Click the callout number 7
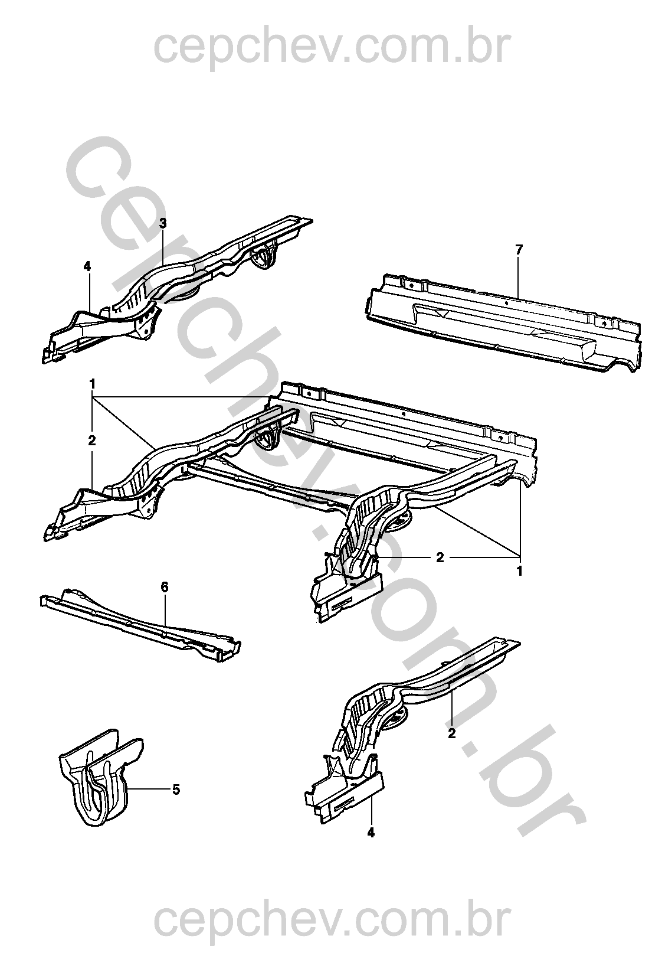[519, 250]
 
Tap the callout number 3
[163, 223]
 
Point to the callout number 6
[165, 587]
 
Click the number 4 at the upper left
[88, 267]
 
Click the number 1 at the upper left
[92, 384]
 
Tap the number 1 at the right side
[519, 570]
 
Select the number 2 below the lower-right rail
[451, 733]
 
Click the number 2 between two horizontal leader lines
[440, 557]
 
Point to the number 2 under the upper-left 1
[92, 441]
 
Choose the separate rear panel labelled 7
[504, 322]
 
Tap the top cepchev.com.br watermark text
[332, 48]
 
